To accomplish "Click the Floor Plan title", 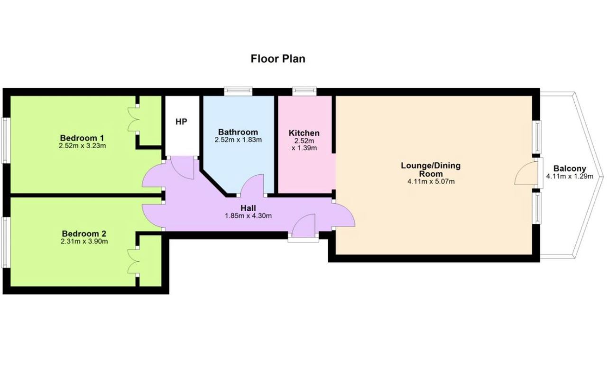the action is pyautogui.click(x=278, y=59).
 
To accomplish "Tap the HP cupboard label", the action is pyautogui.click(x=181, y=122).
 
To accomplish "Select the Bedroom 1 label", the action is pyautogui.click(x=82, y=138).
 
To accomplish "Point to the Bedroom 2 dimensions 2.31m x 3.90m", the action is pyautogui.click(x=84, y=241).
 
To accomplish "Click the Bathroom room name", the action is pyautogui.click(x=238, y=132).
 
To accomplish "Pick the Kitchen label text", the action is pyautogui.click(x=304, y=133).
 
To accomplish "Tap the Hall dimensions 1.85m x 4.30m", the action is pyautogui.click(x=249, y=216).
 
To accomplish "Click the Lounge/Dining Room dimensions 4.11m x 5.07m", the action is pyautogui.click(x=431, y=181).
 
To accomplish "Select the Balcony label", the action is pyautogui.click(x=570, y=169).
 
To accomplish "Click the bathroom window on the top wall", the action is pyautogui.click(x=238, y=91).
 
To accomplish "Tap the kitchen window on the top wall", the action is pyautogui.click(x=304, y=91).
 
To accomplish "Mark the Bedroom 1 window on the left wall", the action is pyautogui.click(x=6, y=140).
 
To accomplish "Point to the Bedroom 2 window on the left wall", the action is pyautogui.click(x=6, y=242).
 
